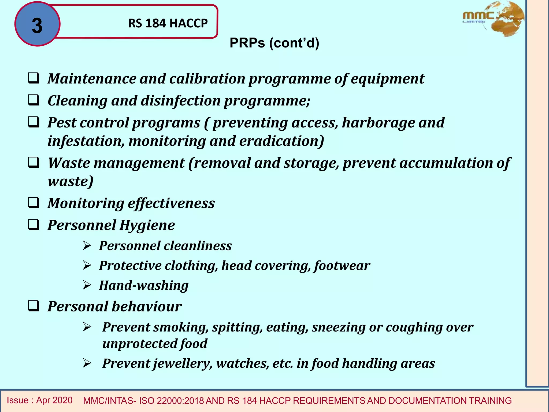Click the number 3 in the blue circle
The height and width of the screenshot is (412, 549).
37,26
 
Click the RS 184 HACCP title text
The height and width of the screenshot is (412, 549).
168,23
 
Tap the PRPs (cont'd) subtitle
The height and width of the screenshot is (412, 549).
274,43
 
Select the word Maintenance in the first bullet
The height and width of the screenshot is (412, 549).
92,79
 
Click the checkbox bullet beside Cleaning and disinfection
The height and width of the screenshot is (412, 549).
34,100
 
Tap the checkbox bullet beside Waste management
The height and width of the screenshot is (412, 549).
34,163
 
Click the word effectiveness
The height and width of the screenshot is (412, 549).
171,203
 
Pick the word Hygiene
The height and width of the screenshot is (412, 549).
147,225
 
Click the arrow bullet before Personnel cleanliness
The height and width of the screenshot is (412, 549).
87,245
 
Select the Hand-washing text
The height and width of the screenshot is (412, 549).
144,285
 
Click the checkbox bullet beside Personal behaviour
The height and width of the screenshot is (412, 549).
34,306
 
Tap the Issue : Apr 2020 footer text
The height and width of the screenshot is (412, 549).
40,400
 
